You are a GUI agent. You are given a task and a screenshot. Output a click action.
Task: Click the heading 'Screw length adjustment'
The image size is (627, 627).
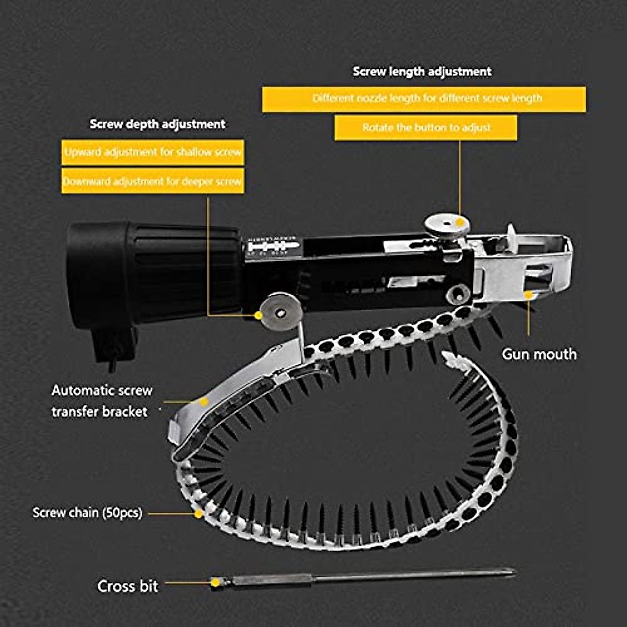pos(422,72)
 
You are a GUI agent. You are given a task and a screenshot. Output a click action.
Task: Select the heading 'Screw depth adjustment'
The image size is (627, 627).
pos(157,124)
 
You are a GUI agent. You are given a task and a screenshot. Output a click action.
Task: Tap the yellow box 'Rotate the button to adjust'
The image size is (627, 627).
pos(426,127)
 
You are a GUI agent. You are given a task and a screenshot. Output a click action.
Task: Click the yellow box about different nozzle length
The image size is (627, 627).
pos(424,99)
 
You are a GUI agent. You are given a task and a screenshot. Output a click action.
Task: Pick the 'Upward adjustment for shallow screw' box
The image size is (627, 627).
pos(153,153)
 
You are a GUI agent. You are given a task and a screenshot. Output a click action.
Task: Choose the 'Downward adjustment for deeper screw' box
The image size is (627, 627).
pos(153,181)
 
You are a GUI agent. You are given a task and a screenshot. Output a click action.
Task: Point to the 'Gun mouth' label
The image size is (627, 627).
pos(539,354)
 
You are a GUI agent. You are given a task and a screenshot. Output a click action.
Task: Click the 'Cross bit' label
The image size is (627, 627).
pos(127,586)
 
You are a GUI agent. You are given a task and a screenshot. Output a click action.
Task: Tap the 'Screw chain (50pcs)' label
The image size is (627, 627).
pos(87,513)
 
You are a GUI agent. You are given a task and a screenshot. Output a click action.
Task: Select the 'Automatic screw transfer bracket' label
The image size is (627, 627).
pos(102,401)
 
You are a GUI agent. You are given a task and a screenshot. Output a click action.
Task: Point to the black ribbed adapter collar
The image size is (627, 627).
pos(157,272)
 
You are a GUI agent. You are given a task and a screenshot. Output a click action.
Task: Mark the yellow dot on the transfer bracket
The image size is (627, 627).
pos(204,402)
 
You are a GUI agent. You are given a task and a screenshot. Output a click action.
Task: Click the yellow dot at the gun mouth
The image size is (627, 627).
pos(528,295)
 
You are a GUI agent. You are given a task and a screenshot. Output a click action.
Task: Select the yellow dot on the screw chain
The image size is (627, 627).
pos(199,514)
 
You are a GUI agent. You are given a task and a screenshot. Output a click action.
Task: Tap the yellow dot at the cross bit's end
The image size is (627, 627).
pos(215,582)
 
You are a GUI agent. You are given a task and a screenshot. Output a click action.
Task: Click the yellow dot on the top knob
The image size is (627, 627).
pos(460,222)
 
